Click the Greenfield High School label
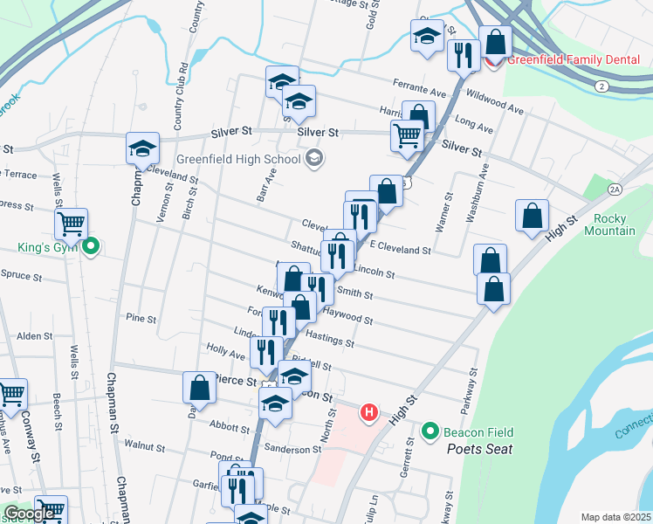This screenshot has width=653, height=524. [237, 160]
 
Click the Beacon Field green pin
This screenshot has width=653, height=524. [430, 431]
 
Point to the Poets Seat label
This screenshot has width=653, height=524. [479, 449]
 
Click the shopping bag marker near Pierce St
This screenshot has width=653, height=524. [200, 387]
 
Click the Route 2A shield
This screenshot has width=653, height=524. [615, 189]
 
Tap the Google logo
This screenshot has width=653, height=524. [30, 514]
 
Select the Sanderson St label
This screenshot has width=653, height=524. [294, 449]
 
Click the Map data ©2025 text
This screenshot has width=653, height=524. [615, 517]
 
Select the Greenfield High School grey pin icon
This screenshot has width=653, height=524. [314, 159]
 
